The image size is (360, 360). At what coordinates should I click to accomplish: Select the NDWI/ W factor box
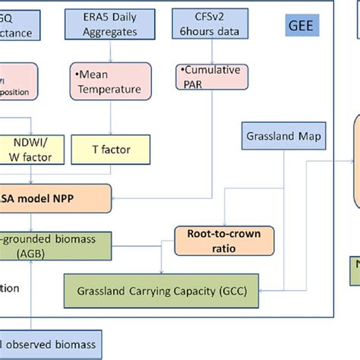(x=30, y=150)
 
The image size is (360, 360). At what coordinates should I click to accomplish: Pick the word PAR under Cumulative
(x=193, y=83)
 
